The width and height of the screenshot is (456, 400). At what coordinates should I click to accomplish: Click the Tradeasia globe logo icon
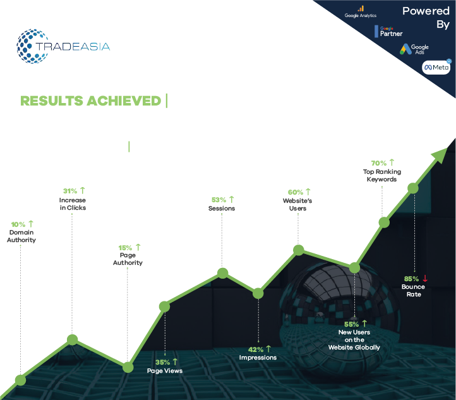coord(33,46)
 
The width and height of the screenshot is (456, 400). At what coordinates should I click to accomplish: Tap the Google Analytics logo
coord(361,12)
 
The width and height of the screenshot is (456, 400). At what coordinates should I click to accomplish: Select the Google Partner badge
coord(388,32)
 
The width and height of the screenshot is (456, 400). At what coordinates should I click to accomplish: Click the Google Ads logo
coord(414,49)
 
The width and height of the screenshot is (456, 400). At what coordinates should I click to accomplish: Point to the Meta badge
coord(436,67)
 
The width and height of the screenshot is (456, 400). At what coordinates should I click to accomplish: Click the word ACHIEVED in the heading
coord(124,101)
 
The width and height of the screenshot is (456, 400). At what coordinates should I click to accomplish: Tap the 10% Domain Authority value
coord(18,224)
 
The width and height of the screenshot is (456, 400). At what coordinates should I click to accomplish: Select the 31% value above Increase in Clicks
coord(70,191)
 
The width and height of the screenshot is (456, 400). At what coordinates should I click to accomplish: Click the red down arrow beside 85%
coord(425,279)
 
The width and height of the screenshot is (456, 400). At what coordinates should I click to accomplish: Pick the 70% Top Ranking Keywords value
coord(379,163)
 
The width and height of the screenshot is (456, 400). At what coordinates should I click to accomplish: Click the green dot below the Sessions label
coord(223,273)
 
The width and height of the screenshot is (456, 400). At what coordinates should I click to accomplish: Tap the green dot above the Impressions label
coord(258,294)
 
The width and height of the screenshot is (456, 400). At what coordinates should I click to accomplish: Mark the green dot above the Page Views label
coord(164,306)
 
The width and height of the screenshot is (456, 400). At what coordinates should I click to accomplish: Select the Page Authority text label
coord(128,259)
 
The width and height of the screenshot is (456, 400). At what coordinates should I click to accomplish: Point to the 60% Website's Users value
coord(296,193)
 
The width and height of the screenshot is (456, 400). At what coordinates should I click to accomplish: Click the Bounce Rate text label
coord(413,291)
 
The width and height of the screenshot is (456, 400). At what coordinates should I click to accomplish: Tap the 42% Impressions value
coord(256,349)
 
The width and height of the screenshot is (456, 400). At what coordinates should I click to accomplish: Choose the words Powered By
coord(426,18)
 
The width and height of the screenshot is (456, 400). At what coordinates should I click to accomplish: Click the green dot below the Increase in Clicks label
coord(73,339)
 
